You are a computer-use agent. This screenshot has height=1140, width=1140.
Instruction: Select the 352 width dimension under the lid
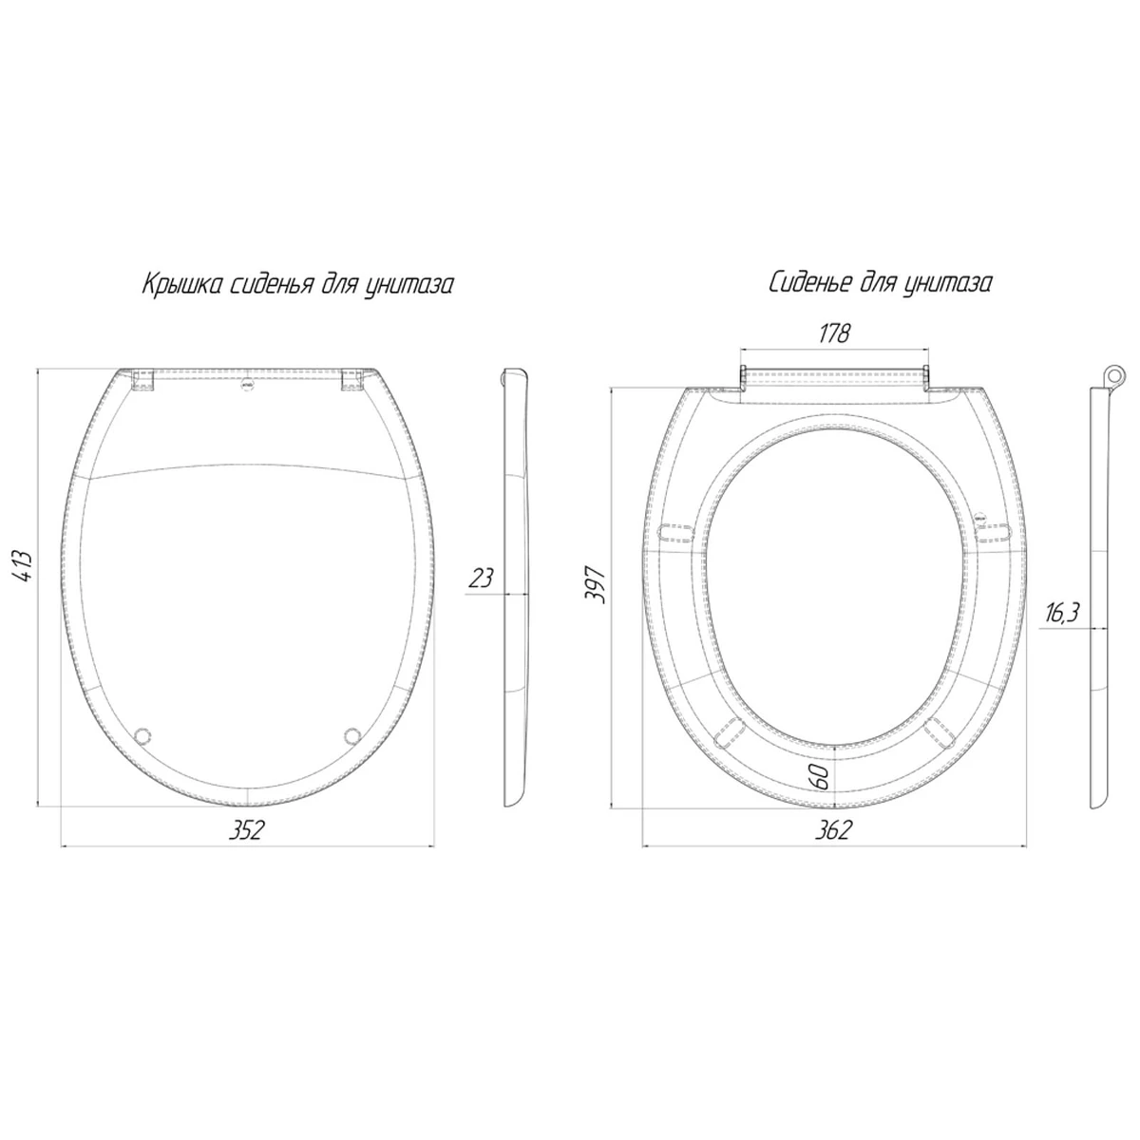coord(246,830)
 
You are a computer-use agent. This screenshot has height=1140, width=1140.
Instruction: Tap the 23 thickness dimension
coord(481,578)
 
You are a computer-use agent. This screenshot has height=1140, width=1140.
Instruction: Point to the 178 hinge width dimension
coord(834,333)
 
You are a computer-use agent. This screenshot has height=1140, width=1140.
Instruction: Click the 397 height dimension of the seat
coord(594,584)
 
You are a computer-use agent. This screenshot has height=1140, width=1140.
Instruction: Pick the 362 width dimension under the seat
coord(833,830)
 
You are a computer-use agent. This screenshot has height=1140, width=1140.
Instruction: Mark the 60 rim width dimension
coord(819,777)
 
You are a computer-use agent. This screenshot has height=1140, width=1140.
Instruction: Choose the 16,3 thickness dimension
coord(1061,614)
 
